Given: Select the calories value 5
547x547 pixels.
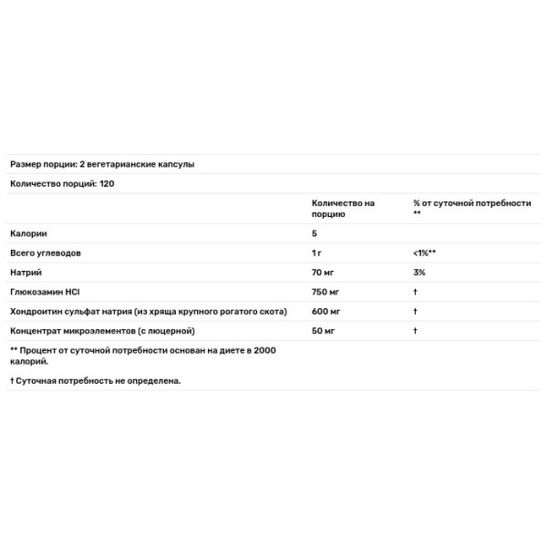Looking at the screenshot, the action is (x=315, y=233).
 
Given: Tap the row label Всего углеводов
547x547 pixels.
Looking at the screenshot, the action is (x=46, y=253).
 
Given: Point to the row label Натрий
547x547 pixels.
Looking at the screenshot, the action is (x=26, y=272).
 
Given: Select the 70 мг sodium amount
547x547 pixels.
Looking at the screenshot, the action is (x=325, y=272).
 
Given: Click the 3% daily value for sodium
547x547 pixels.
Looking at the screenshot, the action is (x=418, y=272).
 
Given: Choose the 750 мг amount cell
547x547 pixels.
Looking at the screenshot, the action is (x=326, y=292).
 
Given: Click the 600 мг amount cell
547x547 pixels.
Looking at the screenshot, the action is (x=326, y=311).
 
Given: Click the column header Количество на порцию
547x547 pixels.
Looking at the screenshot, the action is (x=343, y=208).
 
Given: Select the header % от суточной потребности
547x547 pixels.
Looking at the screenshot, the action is (x=470, y=203).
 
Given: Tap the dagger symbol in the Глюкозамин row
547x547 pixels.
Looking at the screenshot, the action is (x=415, y=292).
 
